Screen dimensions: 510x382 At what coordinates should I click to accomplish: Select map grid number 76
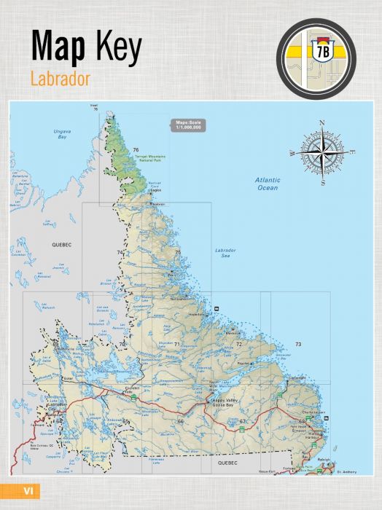coord(136,149)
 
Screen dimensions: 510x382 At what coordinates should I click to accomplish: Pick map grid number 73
coord(297,344)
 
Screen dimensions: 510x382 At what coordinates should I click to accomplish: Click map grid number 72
coord(238,343)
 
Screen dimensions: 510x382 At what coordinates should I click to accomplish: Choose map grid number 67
coord(243,422)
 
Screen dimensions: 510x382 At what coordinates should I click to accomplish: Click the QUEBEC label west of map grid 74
coord(59,246)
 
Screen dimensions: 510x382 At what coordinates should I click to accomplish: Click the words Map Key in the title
coord(86,46)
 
